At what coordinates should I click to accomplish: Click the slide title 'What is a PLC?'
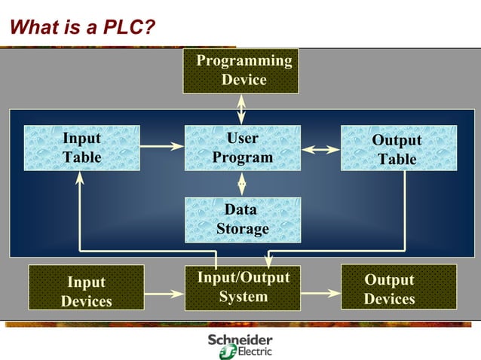tap(82, 28)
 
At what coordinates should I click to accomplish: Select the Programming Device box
tap(240, 71)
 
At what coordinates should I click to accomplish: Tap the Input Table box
tap(81, 148)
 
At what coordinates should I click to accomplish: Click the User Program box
tap(242, 148)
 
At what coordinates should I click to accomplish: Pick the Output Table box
tap(398, 148)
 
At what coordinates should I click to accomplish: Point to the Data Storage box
tap(242, 219)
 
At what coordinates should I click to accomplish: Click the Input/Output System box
tap(242, 288)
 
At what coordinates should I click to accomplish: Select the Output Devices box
tap(398, 289)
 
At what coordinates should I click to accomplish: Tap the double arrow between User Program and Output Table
tap(320, 149)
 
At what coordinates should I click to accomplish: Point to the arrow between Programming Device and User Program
tap(241, 109)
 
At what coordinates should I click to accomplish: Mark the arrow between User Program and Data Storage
tap(242, 183)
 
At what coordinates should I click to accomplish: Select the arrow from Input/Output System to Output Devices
tap(320, 291)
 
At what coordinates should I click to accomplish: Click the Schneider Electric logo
tap(240, 346)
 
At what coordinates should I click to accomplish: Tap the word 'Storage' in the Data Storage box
tap(242, 229)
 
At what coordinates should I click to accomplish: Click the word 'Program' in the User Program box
tap(242, 157)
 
